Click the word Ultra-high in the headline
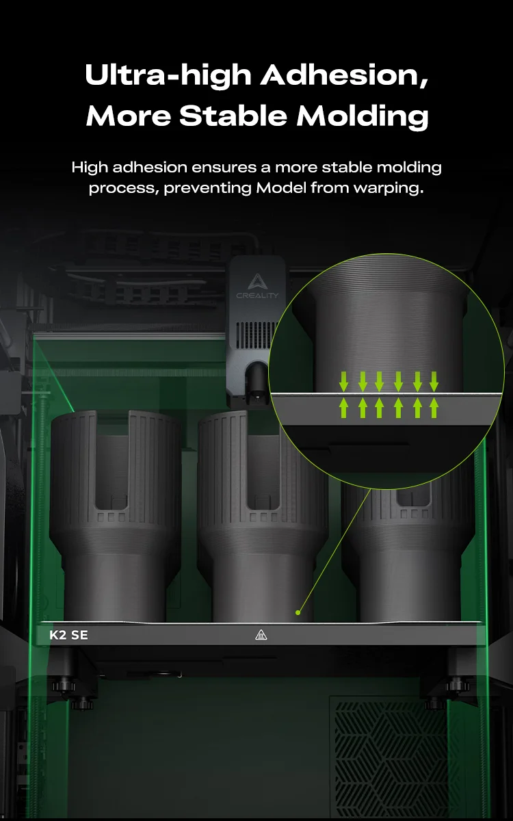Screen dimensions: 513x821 point(168,75)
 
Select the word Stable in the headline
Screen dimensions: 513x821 point(233,116)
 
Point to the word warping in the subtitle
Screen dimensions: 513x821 point(389,189)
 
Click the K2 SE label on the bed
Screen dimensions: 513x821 point(68,635)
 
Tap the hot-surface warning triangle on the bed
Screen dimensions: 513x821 point(261,635)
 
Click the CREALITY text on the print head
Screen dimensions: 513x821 point(257,296)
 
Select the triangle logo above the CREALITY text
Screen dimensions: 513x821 point(257,281)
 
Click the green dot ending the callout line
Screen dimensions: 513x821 point(298,612)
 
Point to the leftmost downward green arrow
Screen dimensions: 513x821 point(343,382)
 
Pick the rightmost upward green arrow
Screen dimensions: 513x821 point(434,408)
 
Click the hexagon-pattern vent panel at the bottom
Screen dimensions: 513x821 point(392,759)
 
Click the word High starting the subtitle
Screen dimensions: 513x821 point(90,168)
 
